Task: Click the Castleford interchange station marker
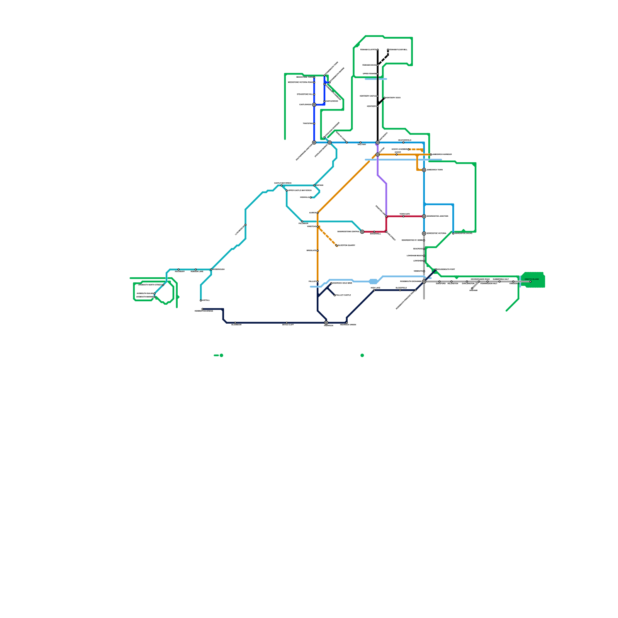pyautogui.click(x=314, y=105)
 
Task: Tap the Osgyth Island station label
pyautogui.click(x=531, y=279)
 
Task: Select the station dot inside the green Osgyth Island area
pyautogui.click(x=530, y=282)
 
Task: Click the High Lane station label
pyautogui.click(x=375, y=288)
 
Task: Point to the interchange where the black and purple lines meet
pyautogui.click(x=378, y=143)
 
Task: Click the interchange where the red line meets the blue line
pyautogui.click(x=424, y=216)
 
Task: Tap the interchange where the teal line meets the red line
pyautogui.click(x=362, y=232)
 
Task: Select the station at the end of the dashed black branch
pyautogui.click(x=388, y=50)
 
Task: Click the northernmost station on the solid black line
pyautogui.click(x=378, y=50)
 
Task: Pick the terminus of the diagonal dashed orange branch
pyautogui.click(x=337, y=246)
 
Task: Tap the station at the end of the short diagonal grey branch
pyautogui.click(x=472, y=289)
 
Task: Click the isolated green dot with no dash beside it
pyautogui.click(x=362, y=355)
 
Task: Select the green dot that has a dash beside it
pyautogui.click(x=221, y=355)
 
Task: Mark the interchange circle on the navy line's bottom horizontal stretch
pyautogui.click(x=326, y=323)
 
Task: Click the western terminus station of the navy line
pyautogui.click(x=202, y=309)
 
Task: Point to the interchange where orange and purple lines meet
pyautogui.click(x=378, y=154)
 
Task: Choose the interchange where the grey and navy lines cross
pyautogui.click(x=424, y=282)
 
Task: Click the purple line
pyautogui.click(x=386, y=197)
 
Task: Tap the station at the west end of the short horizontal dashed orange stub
pyautogui.click(x=409, y=149)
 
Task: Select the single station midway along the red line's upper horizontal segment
pyautogui.click(x=404, y=216)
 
